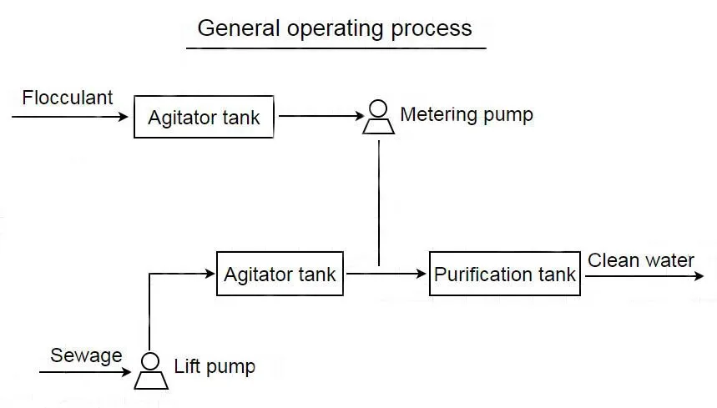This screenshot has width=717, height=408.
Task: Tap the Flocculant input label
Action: tap(68, 98)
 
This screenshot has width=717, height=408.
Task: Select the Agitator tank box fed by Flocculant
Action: tap(204, 118)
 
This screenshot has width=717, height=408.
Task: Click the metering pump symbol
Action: tap(379, 118)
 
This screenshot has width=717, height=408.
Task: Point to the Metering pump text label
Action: tap(466, 114)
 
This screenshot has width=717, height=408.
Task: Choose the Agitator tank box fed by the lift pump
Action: tap(280, 274)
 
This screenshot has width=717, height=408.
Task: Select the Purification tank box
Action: tap(505, 274)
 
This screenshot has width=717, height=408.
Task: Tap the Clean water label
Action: tap(640, 260)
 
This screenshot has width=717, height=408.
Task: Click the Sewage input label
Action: tap(86, 356)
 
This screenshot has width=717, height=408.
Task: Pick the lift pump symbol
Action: tap(150, 370)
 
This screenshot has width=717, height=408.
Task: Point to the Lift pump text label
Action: tap(215, 366)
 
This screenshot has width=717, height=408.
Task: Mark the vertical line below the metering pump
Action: tap(379, 200)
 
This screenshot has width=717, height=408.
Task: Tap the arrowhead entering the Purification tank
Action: tap(423, 274)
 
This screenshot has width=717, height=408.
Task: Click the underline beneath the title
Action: tap(336, 48)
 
